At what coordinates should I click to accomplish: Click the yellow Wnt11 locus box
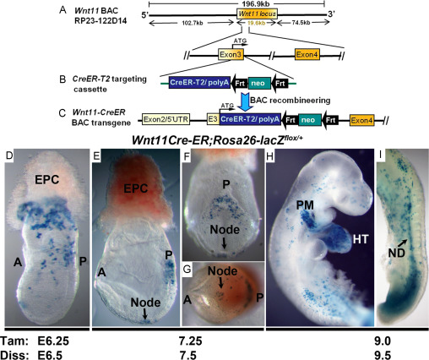pyautogui.click(x=257, y=14)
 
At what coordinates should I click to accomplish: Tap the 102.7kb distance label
pyautogui.click(x=193, y=23)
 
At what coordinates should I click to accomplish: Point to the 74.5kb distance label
pyautogui.click(x=301, y=23)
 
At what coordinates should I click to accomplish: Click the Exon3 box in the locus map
pyautogui.click(x=231, y=54)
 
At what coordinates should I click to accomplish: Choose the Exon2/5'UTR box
pyautogui.click(x=166, y=119)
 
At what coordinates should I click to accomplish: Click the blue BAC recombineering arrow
pyautogui.click(x=244, y=102)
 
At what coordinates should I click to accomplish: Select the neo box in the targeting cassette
pyautogui.click(x=258, y=83)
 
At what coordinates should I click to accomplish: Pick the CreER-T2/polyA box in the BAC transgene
pyautogui.click(x=250, y=119)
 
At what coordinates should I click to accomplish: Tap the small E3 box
pyautogui.click(x=213, y=119)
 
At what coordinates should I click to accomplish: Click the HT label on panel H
pyautogui.click(x=361, y=239)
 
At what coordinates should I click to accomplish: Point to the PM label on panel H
pyautogui.click(x=305, y=205)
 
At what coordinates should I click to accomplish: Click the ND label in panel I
pyautogui.click(x=396, y=254)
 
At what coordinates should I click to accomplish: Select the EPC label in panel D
pyautogui.click(x=46, y=180)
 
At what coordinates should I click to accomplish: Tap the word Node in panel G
pyautogui.click(x=222, y=271)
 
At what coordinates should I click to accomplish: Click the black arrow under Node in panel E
pyautogui.click(x=144, y=314)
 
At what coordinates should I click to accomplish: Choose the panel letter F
pyautogui.click(x=187, y=155)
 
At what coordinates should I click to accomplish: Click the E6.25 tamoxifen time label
pyautogui.click(x=53, y=341)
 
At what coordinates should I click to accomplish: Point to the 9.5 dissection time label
pyautogui.click(x=383, y=355)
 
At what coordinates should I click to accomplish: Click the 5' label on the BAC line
pyautogui.click(x=145, y=14)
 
